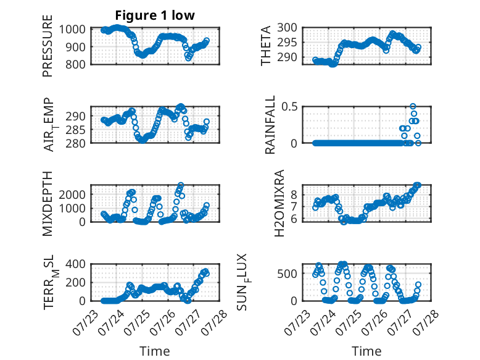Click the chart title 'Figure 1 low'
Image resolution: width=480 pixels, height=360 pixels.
[x=155, y=15]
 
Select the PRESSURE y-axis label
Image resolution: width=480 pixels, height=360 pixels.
[x=48, y=46]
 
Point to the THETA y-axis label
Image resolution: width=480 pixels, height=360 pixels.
[x=266, y=46]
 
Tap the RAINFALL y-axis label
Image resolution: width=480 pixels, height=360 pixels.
[x=270, y=125]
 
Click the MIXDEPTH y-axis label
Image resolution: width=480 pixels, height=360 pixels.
[x=48, y=203]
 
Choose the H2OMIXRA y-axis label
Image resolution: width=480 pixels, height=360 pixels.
[x=279, y=203]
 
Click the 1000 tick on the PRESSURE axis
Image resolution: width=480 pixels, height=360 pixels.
[x=72, y=30]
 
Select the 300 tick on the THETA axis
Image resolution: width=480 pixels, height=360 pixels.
[x=287, y=28]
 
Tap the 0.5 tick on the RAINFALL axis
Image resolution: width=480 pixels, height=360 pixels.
[x=289, y=107]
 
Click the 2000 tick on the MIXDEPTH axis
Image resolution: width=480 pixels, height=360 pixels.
[x=72, y=195]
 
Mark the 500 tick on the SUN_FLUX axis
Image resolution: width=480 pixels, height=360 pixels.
[x=287, y=274]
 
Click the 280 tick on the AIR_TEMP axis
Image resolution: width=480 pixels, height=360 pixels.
[x=75, y=143]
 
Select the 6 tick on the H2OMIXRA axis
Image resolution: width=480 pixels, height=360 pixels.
[x=294, y=219]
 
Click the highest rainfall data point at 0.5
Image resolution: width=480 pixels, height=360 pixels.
[x=413, y=107]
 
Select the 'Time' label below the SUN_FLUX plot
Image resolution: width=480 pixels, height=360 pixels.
[x=366, y=351]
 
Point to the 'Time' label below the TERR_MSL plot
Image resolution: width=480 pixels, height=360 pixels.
[x=155, y=351]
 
